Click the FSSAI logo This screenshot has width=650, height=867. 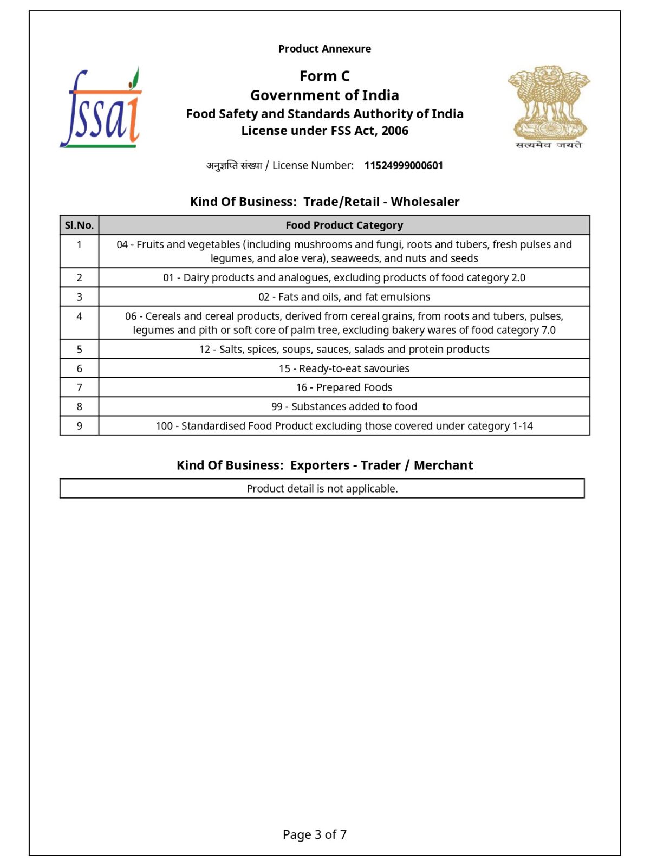pos(101,108)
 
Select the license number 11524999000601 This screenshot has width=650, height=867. pos(404,166)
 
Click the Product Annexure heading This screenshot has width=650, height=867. pos(324,49)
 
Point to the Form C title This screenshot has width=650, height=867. pos(324,76)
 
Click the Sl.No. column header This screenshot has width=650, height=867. pos(79,225)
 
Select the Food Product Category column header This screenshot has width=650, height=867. pos(344,225)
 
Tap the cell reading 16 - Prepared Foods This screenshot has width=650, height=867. pos(344,387)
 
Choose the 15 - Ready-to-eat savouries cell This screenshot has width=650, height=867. pos(344,368)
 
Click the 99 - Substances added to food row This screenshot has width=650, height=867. pos(344,406)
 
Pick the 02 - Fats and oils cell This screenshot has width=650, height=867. pos(344,297)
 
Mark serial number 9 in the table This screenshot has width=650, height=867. pos(79,426)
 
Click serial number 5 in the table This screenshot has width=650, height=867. pos(79,350)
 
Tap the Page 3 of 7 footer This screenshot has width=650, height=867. pos(315,834)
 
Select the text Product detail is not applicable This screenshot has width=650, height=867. pos(322,489)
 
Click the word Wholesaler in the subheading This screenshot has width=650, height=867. pos(425,202)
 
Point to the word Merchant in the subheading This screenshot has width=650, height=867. pos(443,465)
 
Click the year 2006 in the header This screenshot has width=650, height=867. pos(395,131)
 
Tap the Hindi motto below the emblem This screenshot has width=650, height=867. pos(549,145)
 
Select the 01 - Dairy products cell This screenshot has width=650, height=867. pos(344,278)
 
